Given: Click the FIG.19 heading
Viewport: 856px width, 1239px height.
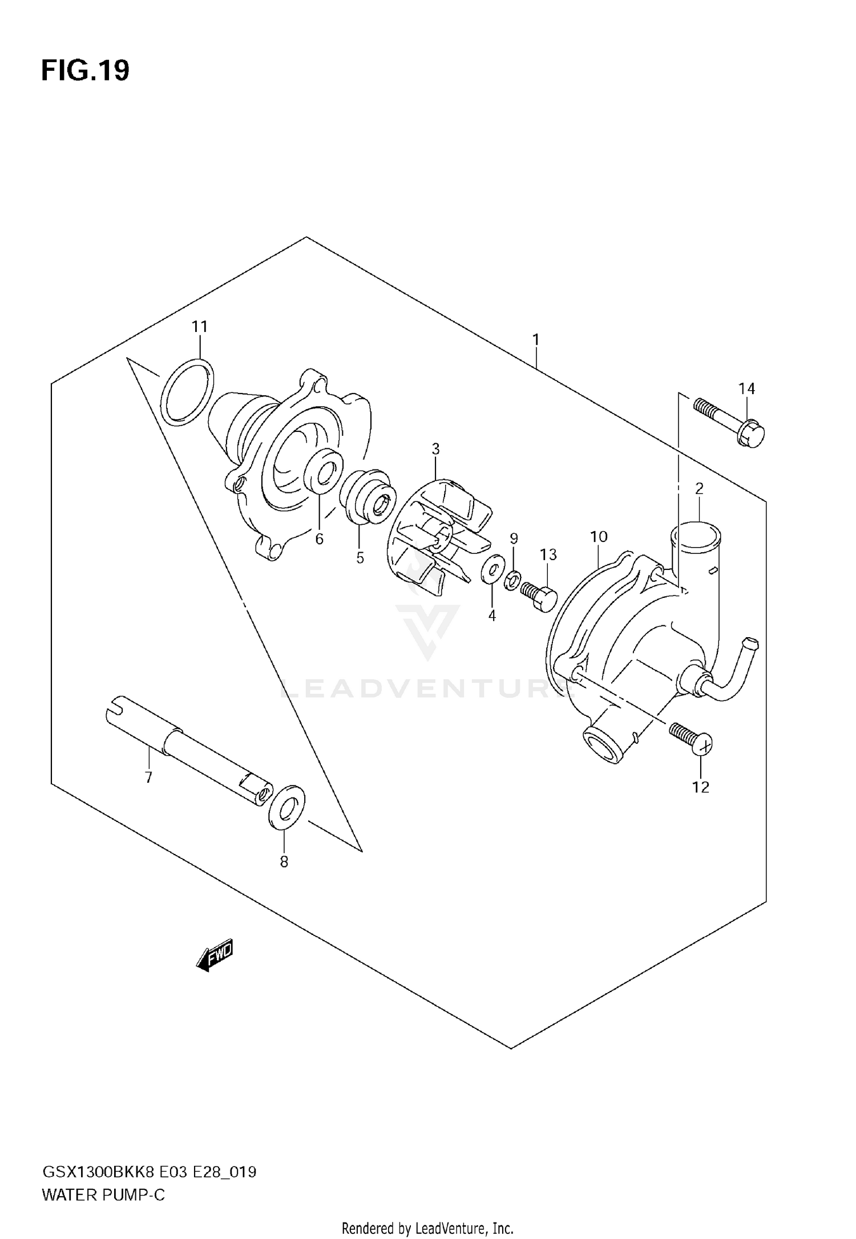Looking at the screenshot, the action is click(86, 71).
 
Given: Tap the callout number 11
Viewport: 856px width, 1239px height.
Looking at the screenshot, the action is click(200, 327).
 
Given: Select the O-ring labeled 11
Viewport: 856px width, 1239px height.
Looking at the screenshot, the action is click(187, 392).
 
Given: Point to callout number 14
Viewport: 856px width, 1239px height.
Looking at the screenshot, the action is click(746, 389).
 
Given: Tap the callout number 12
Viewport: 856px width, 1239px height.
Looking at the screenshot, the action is click(701, 787).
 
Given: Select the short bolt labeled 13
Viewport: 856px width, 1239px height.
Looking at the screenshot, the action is click(539, 596).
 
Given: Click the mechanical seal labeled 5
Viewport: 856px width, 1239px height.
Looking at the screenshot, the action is click(368, 496).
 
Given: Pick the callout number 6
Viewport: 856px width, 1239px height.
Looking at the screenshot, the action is click(319, 538).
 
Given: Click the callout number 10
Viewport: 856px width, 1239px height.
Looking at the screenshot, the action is click(599, 537).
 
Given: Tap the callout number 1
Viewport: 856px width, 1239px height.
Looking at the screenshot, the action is click(536, 340).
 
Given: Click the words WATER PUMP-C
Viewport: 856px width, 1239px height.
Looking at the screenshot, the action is click(103, 1194).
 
